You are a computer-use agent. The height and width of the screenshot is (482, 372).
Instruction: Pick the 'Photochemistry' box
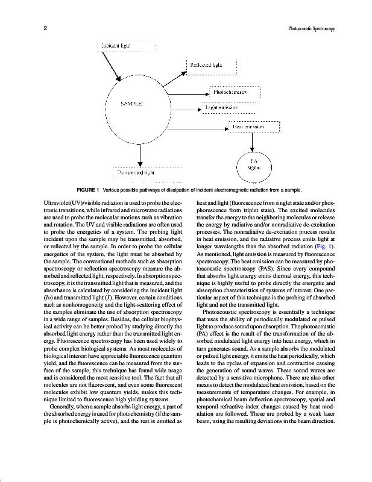pyautogui.click(x=235, y=93)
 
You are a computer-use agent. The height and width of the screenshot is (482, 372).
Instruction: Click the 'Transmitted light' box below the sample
pyautogui.click(x=137, y=172)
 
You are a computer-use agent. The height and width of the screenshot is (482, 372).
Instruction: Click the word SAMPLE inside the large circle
pyautogui.click(x=131, y=104)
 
